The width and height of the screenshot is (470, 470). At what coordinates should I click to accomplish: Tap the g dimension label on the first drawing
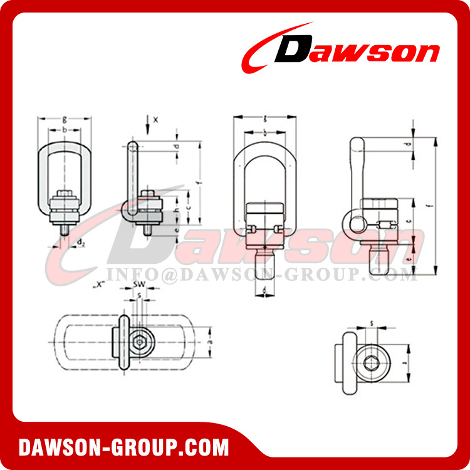coord(65,117)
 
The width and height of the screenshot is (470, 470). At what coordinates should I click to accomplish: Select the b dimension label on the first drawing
coord(65,129)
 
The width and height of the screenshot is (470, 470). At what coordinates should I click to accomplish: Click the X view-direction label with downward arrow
coord(156,118)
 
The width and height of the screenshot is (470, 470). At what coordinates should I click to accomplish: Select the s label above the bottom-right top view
coord(372,323)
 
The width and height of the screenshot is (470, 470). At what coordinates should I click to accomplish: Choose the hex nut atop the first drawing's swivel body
coord(65,194)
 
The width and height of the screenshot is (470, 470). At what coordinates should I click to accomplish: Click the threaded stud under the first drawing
coord(65,231)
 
